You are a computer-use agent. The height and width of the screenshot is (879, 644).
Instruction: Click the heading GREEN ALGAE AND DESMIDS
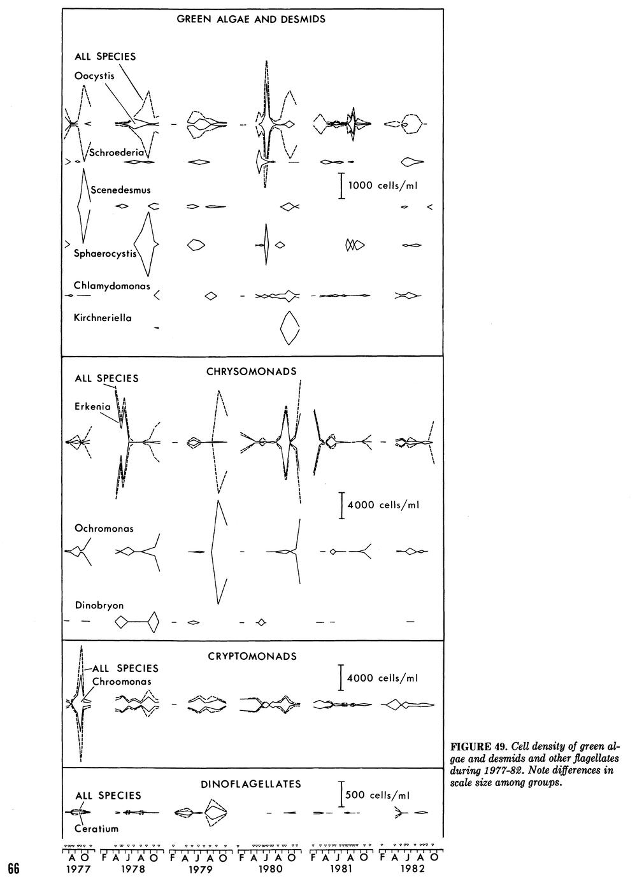(251, 19)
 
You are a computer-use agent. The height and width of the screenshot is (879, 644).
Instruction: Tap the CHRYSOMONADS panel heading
(252, 371)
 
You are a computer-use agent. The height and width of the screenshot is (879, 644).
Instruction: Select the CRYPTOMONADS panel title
(252, 656)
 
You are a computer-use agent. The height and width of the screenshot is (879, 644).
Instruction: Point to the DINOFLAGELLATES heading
(251, 784)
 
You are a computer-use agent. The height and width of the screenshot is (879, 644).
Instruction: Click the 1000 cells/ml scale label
(383, 185)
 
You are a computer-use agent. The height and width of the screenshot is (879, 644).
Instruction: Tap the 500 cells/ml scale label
(377, 795)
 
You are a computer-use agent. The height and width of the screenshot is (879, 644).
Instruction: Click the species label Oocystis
(94, 76)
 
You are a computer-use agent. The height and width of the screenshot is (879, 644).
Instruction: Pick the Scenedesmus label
(120, 190)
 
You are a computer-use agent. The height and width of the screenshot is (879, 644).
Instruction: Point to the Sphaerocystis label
(105, 254)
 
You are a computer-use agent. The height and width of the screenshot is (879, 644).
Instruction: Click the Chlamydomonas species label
(112, 286)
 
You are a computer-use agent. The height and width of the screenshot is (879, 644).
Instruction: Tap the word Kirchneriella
(103, 318)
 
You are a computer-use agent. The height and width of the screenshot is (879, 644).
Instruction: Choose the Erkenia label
(92, 406)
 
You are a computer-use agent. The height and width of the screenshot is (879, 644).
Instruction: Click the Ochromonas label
(104, 528)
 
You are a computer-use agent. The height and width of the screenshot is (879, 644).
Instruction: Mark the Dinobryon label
(99, 606)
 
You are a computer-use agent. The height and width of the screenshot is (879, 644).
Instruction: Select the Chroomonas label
(122, 682)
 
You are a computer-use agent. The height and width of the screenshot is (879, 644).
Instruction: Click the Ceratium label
(97, 829)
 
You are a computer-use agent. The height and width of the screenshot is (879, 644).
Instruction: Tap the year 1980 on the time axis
(271, 869)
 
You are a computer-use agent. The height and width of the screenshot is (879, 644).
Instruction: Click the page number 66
(14, 868)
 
